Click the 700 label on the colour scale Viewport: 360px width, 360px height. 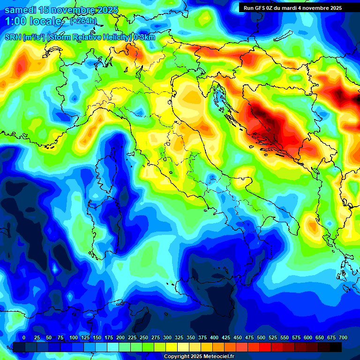[343, 338]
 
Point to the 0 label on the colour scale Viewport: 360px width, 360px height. [24, 338]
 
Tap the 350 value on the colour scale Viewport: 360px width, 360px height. [191, 338]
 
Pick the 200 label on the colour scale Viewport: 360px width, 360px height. [120, 338]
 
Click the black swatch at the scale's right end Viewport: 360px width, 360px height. [336, 347]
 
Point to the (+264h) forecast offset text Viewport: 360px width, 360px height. [83, 21]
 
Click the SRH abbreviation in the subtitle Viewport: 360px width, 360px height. [13, 37]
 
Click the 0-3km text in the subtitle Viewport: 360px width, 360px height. [144, 37]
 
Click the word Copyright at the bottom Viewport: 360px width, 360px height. [177, 357]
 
